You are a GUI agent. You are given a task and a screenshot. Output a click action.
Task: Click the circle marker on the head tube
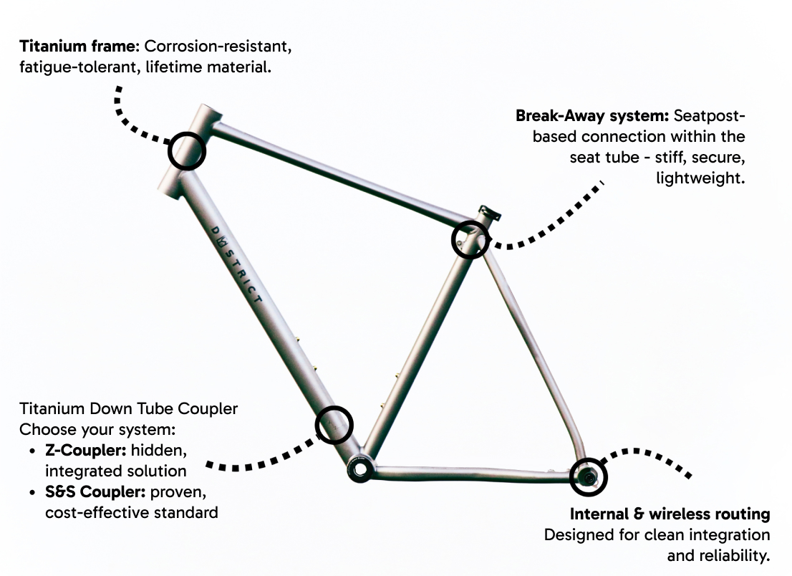187,151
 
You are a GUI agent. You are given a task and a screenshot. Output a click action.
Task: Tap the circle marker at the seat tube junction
470,239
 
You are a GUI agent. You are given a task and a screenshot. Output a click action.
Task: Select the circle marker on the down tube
334,424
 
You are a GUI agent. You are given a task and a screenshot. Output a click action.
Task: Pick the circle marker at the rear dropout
589,476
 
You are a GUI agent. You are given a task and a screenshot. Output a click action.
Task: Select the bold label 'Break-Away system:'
592,116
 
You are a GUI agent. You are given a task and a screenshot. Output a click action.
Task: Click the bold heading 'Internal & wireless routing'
670,514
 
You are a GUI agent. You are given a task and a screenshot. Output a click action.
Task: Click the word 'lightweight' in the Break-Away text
700,178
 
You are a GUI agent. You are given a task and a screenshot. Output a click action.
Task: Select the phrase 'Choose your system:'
97,430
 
